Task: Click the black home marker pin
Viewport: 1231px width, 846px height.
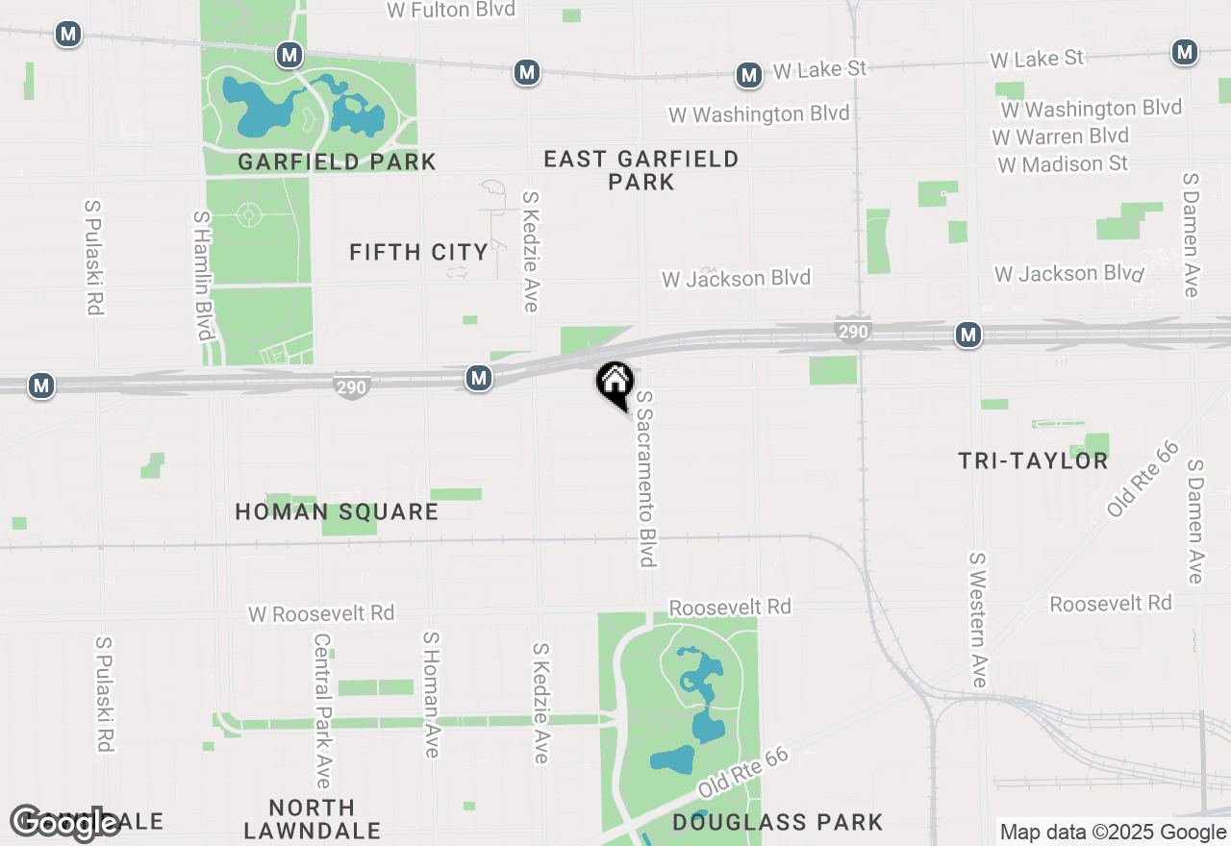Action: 615,383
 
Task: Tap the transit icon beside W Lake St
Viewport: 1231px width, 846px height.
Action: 748,74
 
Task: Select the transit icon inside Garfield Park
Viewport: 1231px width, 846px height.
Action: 289,55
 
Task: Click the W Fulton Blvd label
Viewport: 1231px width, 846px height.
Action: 451,10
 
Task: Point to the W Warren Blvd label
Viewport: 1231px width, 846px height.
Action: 1060,136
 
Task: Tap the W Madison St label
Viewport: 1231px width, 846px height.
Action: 1063,164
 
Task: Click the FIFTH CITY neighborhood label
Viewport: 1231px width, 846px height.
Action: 418,252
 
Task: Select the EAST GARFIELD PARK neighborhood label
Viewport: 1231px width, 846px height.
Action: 641,170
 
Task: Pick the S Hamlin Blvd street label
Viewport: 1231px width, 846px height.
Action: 203,275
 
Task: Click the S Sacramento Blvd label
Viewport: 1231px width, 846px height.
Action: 646,478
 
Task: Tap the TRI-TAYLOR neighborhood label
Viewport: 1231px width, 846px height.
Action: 1033,461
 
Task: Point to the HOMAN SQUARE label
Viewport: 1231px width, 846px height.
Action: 337,511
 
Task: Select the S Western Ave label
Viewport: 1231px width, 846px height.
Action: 978,619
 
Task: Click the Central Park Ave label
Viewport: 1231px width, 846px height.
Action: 322,709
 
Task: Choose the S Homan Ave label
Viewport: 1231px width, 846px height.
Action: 431,693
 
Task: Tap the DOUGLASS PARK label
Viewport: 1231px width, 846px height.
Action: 777,822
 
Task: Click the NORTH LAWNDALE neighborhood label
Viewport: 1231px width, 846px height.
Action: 313,818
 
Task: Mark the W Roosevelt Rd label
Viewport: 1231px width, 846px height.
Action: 321,613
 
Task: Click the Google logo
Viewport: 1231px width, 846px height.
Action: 64,823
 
